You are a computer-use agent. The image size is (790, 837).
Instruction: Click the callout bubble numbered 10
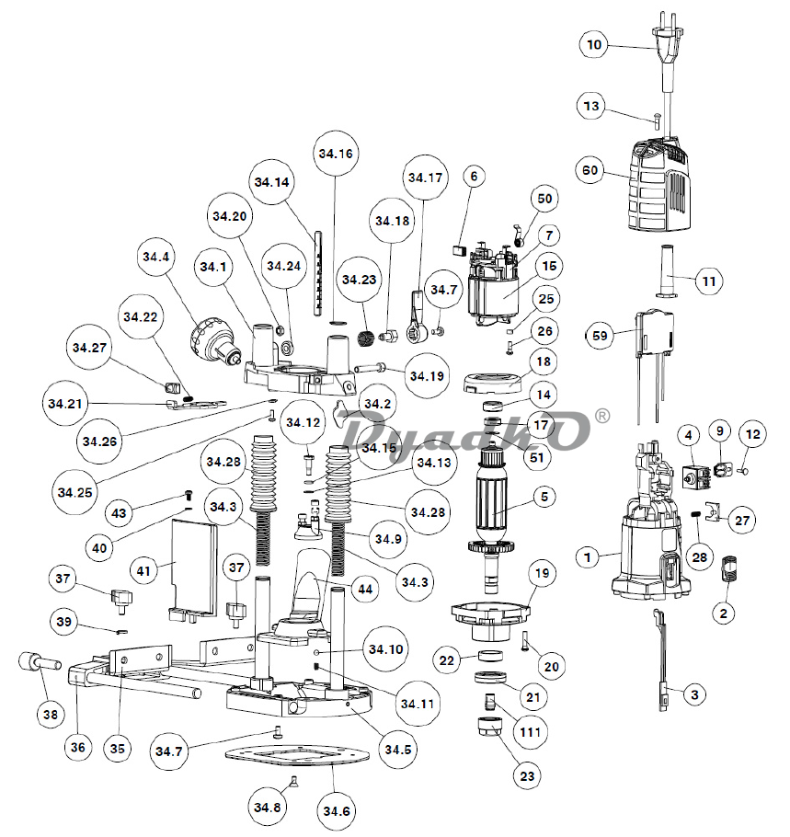point(594,44)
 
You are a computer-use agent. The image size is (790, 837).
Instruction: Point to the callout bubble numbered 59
point(601,337)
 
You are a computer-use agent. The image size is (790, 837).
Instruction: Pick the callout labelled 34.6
point(336,812)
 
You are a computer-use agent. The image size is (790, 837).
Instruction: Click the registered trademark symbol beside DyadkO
point(602,416)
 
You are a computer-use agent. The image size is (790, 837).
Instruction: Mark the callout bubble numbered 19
point(542,574)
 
